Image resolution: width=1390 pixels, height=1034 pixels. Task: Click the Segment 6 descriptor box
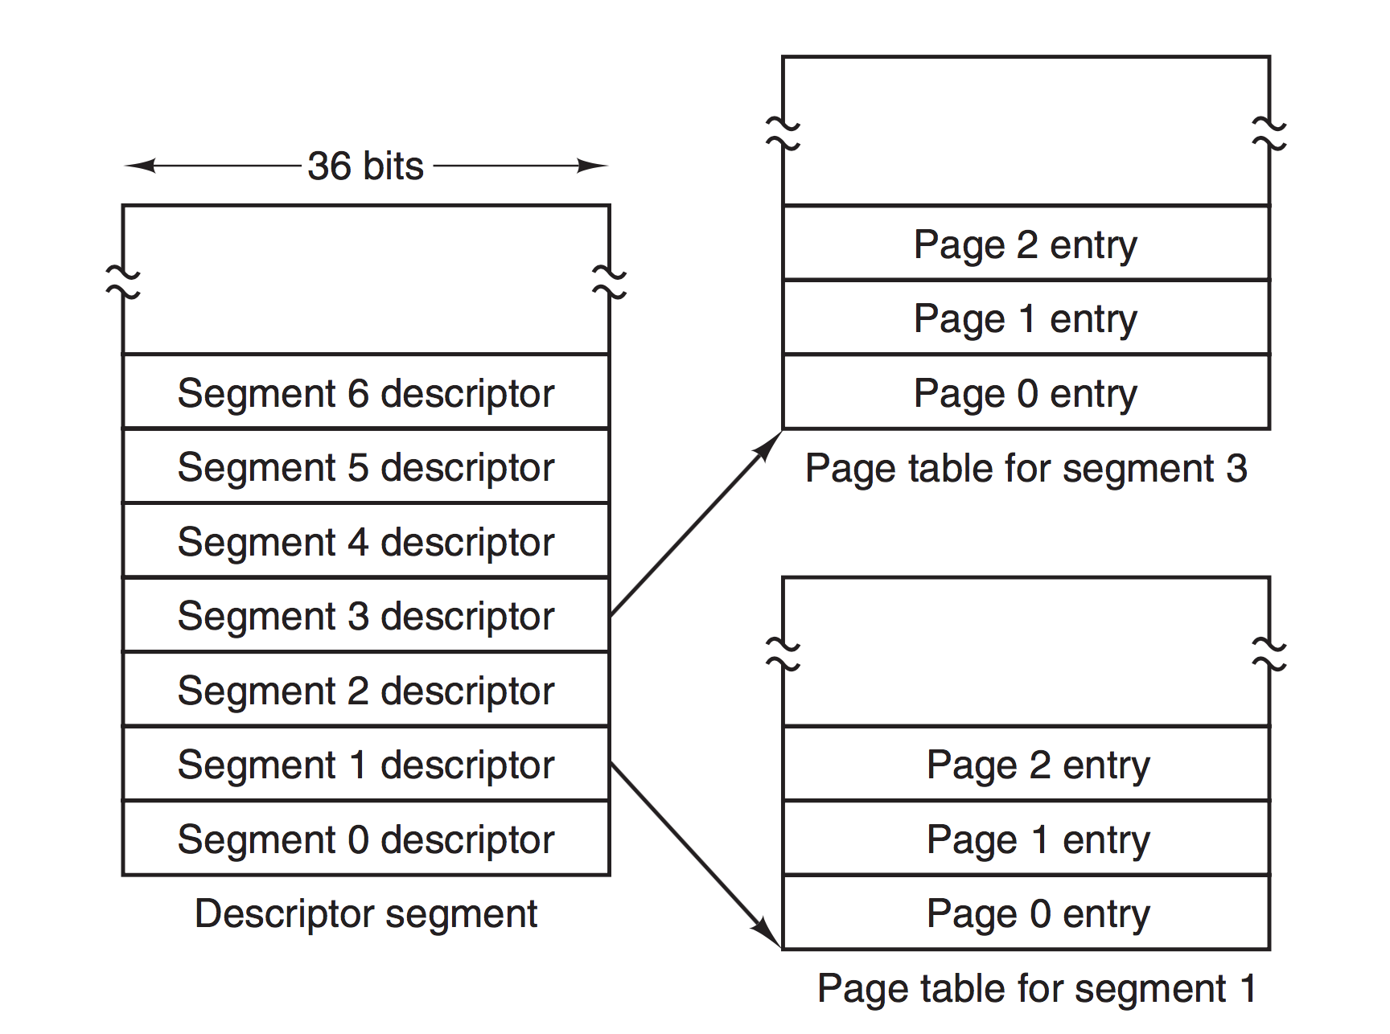(366, 391)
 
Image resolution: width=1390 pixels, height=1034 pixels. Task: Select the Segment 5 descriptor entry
(366, 466)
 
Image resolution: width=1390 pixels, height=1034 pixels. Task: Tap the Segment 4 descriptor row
(366, 540)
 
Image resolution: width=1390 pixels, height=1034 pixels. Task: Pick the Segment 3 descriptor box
(366, 615)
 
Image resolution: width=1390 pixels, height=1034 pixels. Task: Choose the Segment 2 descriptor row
(366, 689)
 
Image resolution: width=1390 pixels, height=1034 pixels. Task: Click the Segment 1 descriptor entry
(366, 763)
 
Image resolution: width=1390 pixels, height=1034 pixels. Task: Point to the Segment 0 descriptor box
(366, 838)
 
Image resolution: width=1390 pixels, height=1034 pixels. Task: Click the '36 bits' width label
(366, 166)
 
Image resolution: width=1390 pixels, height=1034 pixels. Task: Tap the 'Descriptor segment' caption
(366, 914)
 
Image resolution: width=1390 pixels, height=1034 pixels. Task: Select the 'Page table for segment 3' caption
(1026, 468)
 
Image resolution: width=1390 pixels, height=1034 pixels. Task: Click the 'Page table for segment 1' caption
(1036, 988)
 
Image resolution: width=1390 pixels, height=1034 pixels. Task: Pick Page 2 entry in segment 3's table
(1026, 243)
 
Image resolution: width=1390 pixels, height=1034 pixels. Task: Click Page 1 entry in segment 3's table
(1026, 317)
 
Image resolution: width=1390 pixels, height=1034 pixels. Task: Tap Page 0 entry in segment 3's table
(1026, 392)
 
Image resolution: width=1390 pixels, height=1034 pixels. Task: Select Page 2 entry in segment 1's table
(1026, 763)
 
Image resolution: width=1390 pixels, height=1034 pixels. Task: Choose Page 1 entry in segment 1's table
(1026, 838)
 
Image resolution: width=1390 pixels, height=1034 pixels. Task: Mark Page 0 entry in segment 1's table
(1026, 912)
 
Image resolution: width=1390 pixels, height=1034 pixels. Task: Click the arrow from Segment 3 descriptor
(696, 523)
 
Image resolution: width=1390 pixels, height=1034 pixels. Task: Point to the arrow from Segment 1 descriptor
(696, 856)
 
